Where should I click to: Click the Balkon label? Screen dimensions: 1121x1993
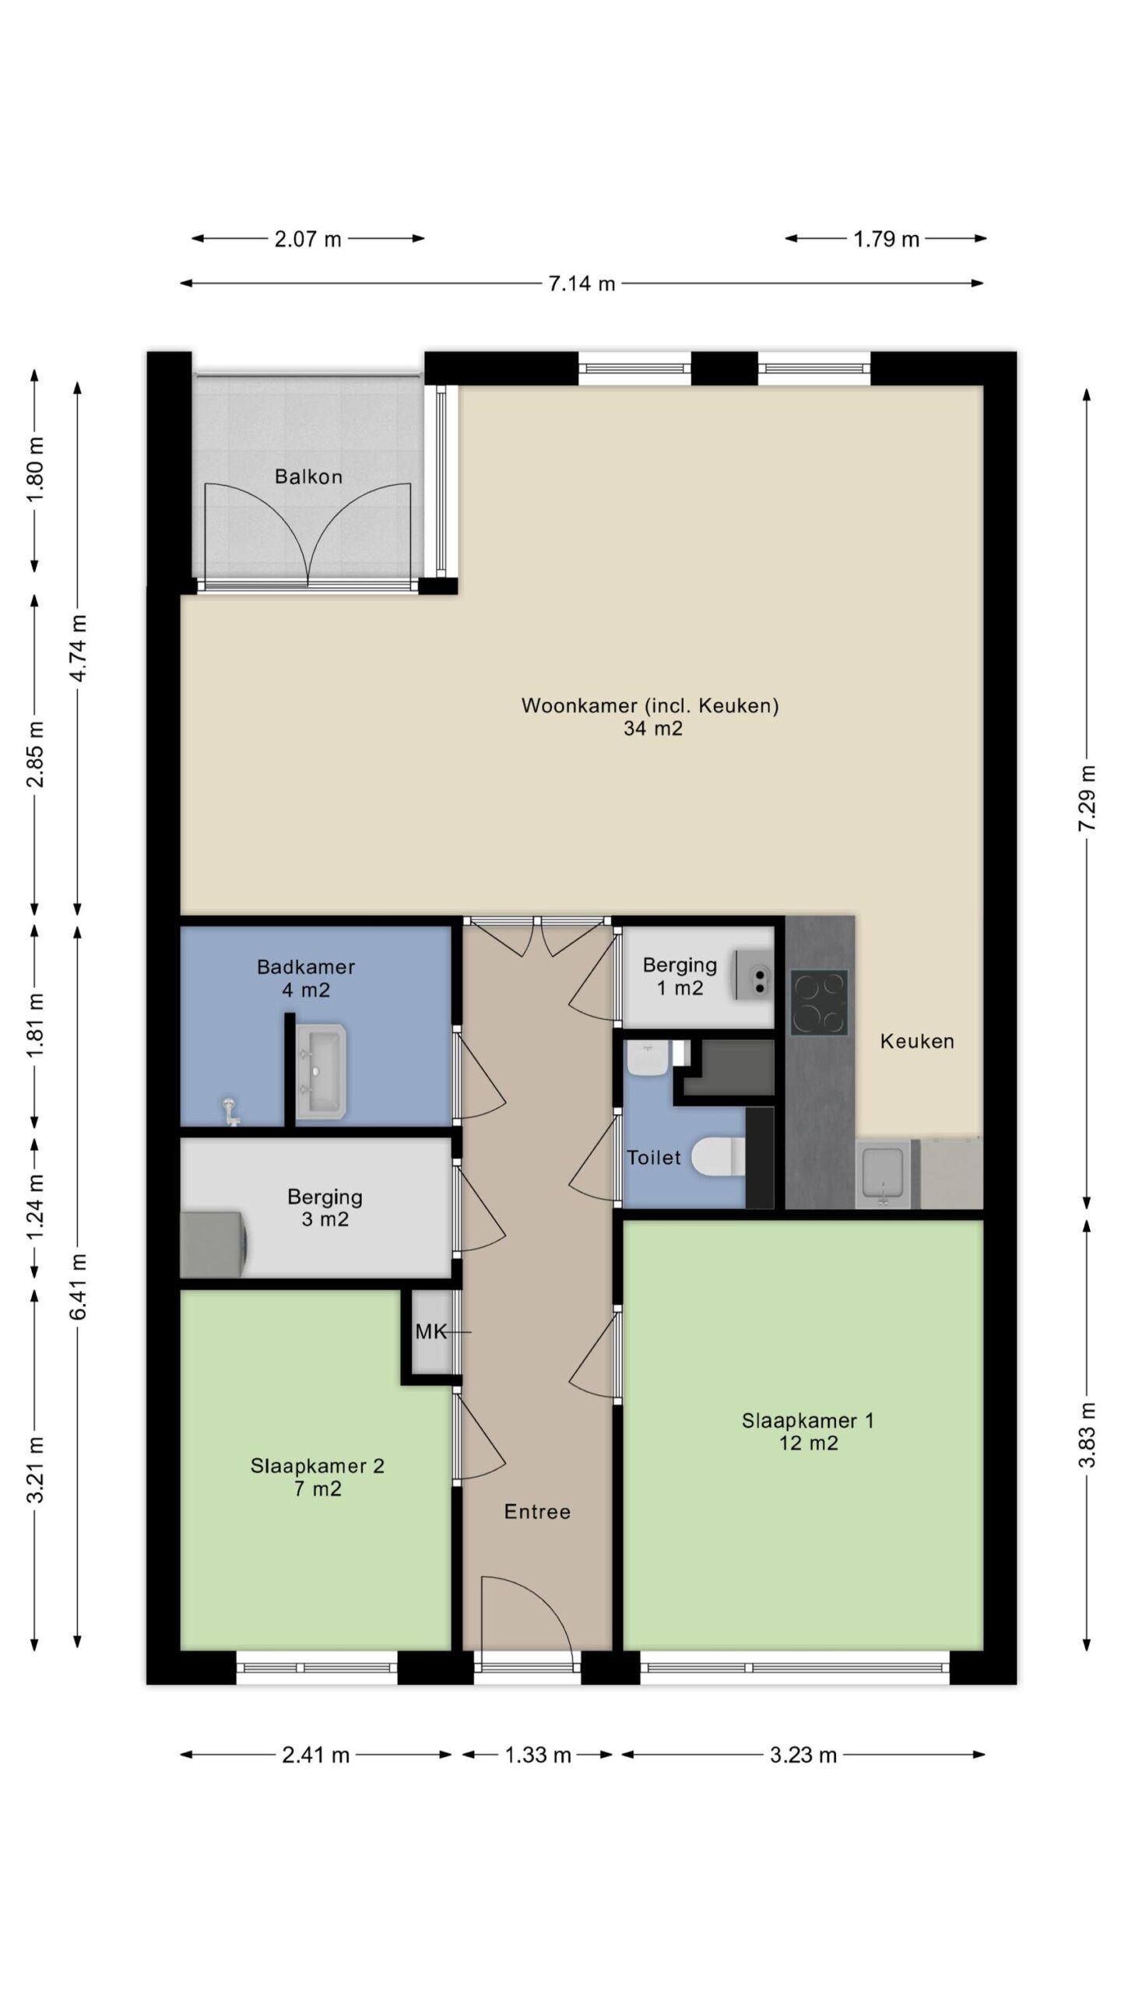click(308, 476)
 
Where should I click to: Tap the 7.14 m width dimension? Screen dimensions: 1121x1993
click(582, 283)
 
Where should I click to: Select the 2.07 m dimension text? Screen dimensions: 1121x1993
click(307, 239)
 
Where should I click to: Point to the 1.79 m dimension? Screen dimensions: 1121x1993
click(886, 239)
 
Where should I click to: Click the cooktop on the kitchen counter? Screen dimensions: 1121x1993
click(819, 1002)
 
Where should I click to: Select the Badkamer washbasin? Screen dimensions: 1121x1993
click(320, 1072)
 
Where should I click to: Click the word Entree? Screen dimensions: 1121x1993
click(537, 1512)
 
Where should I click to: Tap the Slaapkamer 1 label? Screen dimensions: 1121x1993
click(808, 1421)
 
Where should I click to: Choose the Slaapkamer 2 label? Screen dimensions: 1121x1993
click(318, 1466)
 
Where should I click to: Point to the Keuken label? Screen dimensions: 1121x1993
click(917, 1041)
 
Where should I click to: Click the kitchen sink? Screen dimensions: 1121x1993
click(883, 1174)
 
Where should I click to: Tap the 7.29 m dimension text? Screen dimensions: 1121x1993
click(1088, 798)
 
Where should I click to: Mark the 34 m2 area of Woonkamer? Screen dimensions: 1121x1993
click(652, 729)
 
